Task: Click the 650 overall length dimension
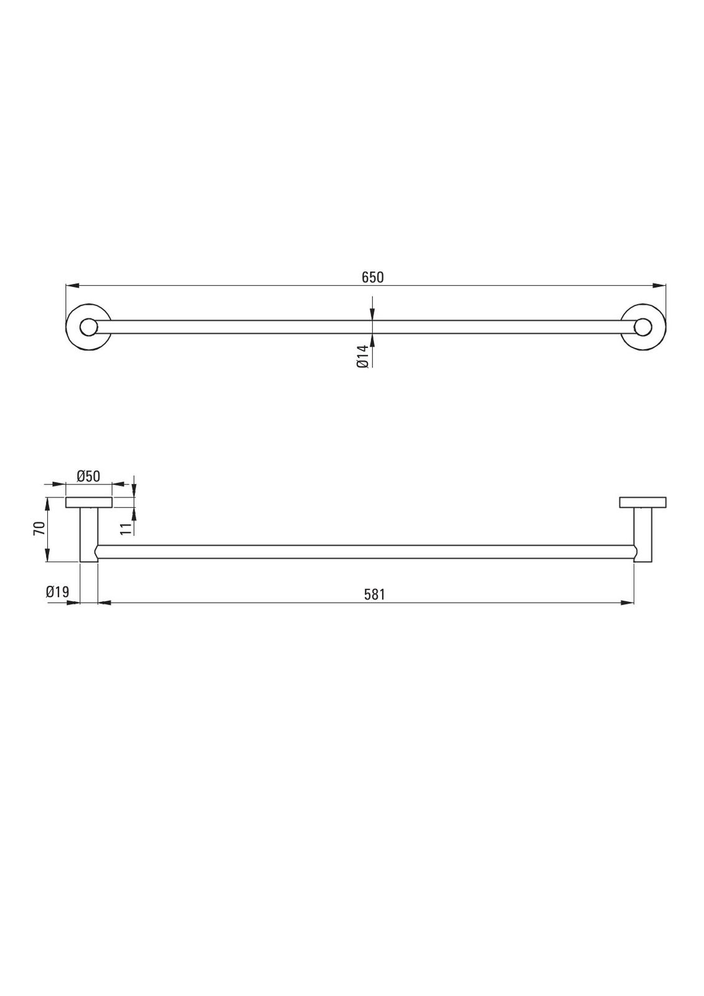372,278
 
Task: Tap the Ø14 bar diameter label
362,356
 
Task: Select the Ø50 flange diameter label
88,476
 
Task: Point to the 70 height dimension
39,529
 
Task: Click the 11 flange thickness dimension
126,528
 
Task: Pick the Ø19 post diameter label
57,592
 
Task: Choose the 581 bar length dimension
374,594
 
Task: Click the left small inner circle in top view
88,327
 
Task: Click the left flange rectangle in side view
88,502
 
